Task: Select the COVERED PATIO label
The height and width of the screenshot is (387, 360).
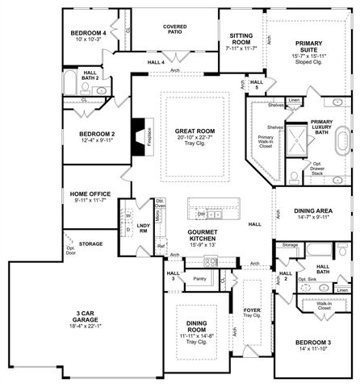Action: [175, 31]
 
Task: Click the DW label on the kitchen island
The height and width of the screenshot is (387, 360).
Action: [200, 215]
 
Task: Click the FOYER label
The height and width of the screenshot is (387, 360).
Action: [252, 310]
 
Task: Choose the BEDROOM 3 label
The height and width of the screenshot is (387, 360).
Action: [314, 343]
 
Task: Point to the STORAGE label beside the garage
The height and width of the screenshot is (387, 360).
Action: [90, 243]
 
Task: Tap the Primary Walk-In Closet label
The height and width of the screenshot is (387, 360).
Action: [265, 141]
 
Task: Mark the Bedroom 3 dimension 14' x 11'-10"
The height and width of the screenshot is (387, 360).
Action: [314, 351]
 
